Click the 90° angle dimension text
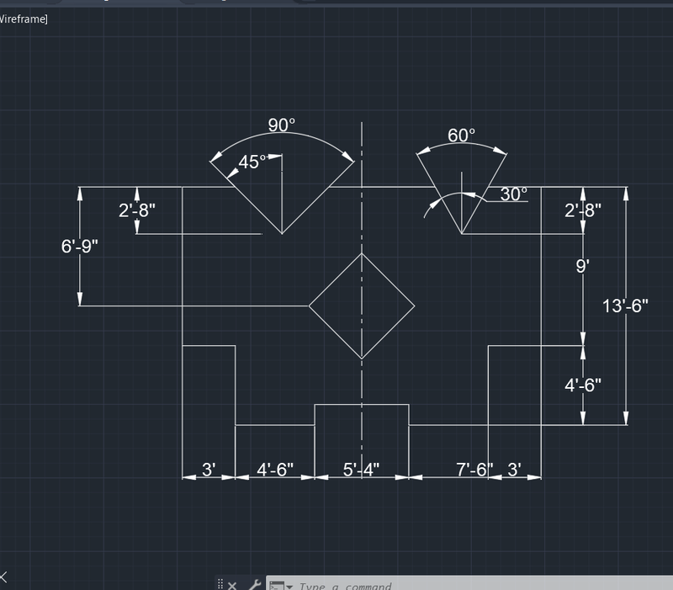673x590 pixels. (x=282, y=125)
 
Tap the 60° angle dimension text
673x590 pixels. (x=461, y=135)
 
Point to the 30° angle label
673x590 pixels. (x=513, y=194)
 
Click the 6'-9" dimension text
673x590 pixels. (x=80, y=247)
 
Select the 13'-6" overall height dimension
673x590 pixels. (x=626, y=306)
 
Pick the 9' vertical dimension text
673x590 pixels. (x=582, y=266)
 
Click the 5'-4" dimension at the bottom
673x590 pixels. (x=361, y=469)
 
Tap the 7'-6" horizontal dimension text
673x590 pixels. (x=474, y=469)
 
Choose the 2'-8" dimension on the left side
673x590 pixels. (x=137, y=210)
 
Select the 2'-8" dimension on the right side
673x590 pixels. (x=583, y=210)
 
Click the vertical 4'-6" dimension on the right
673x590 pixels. (x=583, y=385)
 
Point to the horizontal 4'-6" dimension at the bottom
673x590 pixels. (x=273, y=469)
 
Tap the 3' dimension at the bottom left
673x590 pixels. (x=209, y=469)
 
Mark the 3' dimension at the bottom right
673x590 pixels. (x=515, y=469)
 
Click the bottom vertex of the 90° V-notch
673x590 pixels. (x=281, y=234)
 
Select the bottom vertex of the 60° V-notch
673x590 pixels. (x=461, y=234)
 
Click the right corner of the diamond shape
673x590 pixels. (x=415, y=306)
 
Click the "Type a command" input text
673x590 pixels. (x=345, y=586)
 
